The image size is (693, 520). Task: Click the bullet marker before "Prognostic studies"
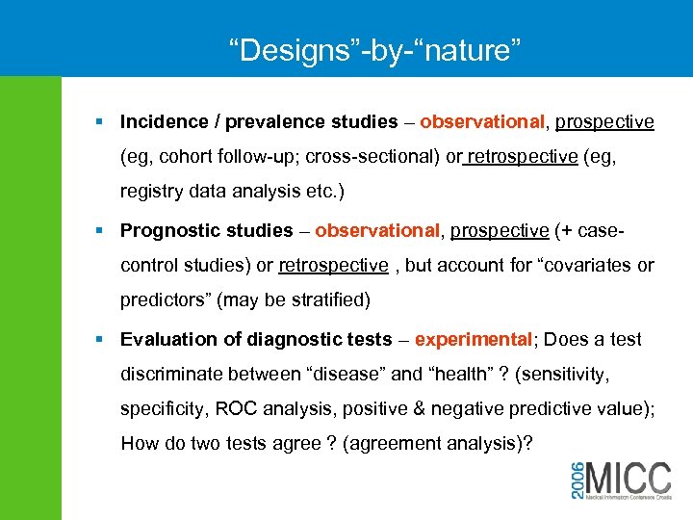101,230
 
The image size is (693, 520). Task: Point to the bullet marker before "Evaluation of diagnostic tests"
101,339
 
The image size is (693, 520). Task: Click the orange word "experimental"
474,339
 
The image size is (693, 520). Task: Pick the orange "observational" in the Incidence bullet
481,122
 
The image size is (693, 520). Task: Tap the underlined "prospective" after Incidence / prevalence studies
604,122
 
